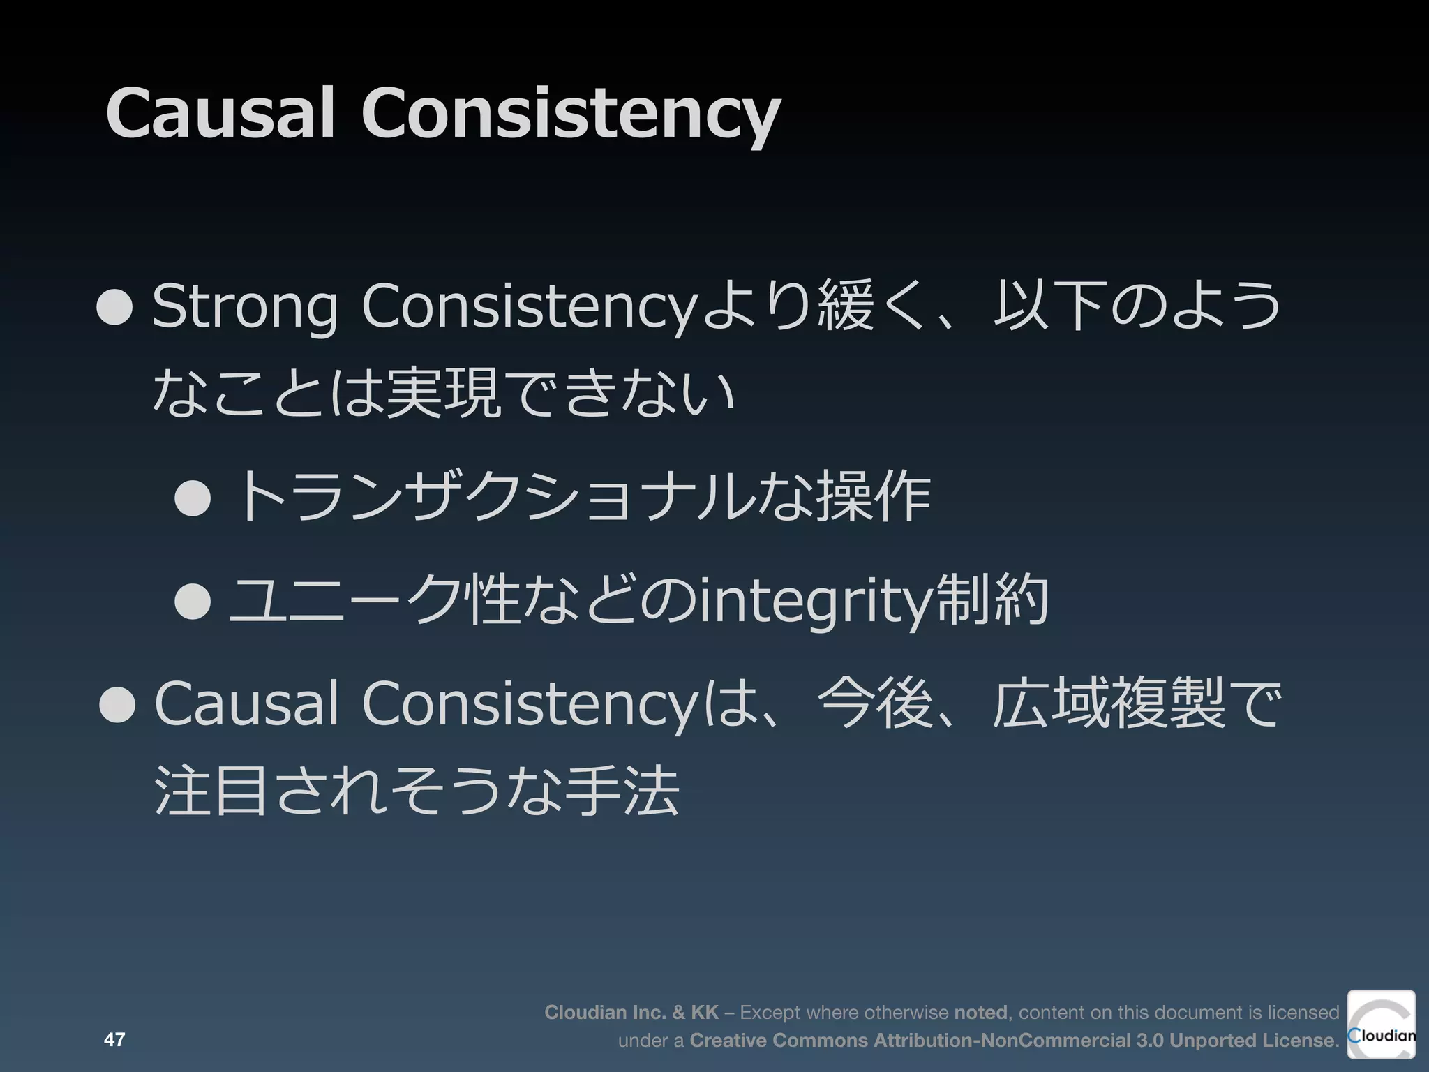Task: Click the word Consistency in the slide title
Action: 570,113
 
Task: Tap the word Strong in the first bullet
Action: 245,307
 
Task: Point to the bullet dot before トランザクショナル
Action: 193,497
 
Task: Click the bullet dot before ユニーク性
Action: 193,600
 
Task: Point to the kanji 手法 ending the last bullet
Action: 623,791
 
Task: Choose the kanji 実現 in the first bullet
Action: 442,394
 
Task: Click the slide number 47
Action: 114,1040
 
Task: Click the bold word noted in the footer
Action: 980,1013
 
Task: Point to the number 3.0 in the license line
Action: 1150,1041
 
